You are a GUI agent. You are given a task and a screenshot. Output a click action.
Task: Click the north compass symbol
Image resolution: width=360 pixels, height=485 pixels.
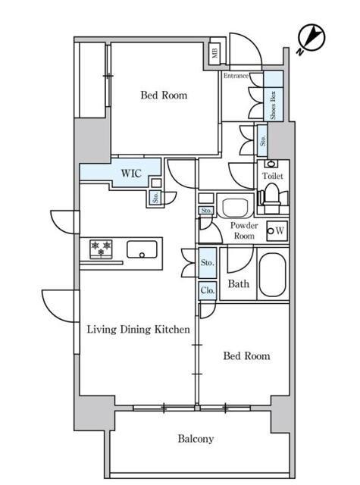pyautogui.click(x=311, y=39)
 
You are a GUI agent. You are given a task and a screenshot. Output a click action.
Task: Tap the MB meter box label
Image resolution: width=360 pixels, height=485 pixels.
pyautogui.click(x=215, y=52)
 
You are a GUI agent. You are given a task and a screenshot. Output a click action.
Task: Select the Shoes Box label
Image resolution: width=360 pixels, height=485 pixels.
pyautogui.click(x=273, y=105)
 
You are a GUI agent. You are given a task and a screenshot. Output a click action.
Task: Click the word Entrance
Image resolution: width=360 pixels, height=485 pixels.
pyautogui.click(x=236, y=76)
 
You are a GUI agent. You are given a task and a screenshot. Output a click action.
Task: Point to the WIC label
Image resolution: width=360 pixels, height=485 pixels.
pyautogui.click(x=131, y=174)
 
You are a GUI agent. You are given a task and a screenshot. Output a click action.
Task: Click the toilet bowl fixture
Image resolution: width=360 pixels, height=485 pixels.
pyautogui.click(x=272, y=198)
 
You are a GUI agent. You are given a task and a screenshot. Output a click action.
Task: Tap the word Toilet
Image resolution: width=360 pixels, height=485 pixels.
pyautogui.click(x=273, y=176)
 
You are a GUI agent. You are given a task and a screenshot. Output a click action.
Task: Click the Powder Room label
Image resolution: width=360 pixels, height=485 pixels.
pyautogui.click(x=244, y=230)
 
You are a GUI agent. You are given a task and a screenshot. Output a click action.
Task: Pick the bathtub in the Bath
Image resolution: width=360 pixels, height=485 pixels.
pyautogui.click(x=272, y=275)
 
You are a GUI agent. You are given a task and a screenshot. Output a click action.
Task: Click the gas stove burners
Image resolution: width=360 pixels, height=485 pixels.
pyautogui.click(x=101, y=249)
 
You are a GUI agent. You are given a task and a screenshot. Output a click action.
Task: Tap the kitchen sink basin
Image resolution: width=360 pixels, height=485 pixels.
pyautogui.click(x=142, y=249)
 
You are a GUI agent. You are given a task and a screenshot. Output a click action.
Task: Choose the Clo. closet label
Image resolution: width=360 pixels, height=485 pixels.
pyautogui.click(x=207, y=290)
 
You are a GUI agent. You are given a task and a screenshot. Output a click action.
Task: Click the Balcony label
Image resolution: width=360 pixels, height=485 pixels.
pyautogui.click(x=196, y=439)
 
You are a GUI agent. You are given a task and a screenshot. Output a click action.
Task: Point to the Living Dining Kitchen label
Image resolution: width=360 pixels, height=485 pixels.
pyautogui.click(x=138, y=329)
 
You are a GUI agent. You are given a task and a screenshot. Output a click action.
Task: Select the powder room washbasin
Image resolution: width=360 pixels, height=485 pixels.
pyautogui.click(x=235, y=205)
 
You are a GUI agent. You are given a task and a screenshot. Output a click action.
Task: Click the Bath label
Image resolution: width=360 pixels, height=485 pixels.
pyautogui.click(x=239, y=283)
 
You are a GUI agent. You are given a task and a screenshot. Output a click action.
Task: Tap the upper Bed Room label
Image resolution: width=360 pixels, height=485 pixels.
pyautogui.click(x=164, y=95)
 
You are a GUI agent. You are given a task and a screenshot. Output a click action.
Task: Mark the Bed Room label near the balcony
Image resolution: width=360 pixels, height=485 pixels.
pyautogui.click(x=246, y=355)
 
